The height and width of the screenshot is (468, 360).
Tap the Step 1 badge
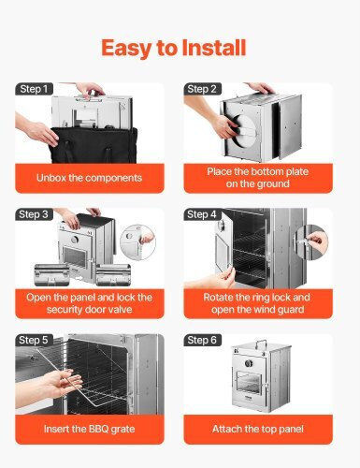(34, 89)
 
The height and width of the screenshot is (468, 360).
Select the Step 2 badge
(202, 89)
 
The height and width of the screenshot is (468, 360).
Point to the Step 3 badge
(34, 214)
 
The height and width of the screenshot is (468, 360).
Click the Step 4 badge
(202, 214)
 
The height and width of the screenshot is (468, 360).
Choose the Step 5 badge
(34, 340)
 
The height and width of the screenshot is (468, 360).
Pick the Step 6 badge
(202, 340)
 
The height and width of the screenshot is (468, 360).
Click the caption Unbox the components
(89, 178)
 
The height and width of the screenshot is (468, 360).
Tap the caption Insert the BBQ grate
(89, 429)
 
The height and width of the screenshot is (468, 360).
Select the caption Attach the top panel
(258, 429)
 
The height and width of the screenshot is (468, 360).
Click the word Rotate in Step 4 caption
(218, 297)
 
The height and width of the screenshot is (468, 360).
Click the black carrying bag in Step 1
(94, 145)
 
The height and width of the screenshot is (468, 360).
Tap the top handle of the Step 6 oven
(261, 344)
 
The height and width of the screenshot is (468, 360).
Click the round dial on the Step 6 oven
(249, 363)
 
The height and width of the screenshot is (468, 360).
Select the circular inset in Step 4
(311, 242)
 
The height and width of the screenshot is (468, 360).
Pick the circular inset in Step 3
(137, 242)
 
